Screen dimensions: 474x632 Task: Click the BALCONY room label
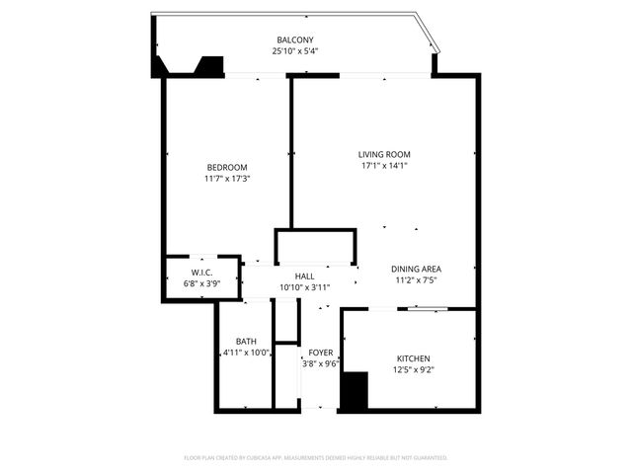click(295, 40)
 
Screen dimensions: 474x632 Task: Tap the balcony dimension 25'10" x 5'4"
click(295, 51)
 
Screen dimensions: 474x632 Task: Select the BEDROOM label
click(226, 167)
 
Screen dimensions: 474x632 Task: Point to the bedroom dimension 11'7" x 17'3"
click(226, 179)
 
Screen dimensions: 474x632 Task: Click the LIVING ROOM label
click(384, 154)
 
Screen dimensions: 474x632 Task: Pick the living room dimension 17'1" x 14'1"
click(384, 166)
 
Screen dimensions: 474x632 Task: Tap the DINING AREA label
click(417, 269)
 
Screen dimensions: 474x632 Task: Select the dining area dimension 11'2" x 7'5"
click(417, 280)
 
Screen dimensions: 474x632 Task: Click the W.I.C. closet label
click(203, 272)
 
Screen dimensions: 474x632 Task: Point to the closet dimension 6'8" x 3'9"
click(203, 283)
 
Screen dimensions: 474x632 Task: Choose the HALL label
click(305, 276)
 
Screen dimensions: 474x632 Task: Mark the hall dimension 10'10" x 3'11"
click(305, 287)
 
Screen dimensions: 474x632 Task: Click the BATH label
click(246, 341)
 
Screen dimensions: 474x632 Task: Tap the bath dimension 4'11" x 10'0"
click(246, 353)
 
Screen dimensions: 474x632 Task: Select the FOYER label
click(320, 352)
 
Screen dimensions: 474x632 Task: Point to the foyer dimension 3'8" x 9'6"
click(320, 363)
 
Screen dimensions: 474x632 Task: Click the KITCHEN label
click(414, 357)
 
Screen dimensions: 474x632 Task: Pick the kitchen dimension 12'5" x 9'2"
click(414, 369)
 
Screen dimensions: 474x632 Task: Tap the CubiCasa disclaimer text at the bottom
click(316, 458)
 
